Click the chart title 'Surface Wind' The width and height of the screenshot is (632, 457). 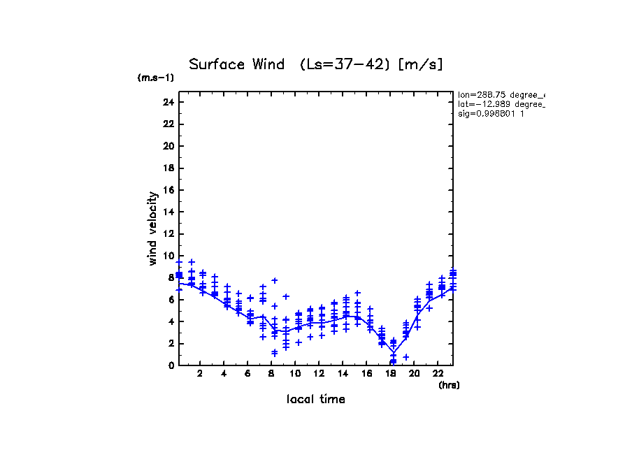point(236,65)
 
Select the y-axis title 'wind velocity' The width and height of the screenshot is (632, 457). point(152,228)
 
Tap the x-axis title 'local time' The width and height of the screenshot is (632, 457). point(315,400)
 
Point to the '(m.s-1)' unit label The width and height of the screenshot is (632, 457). point(155,78)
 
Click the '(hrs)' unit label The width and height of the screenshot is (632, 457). point(449,385)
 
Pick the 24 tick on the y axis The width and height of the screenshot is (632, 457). point(168,102)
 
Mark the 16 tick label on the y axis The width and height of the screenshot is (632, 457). point(168,190)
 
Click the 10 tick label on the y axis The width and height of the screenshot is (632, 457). point(168,256)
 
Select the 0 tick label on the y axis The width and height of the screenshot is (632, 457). point(170,365)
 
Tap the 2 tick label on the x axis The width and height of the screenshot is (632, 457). point(200,375)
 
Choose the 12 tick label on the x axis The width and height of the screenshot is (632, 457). point(319,375)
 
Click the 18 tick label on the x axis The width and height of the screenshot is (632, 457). point(390,375)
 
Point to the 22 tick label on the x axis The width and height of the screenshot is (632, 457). point(438,375)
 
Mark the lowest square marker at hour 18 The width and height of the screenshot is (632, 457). point(393,361)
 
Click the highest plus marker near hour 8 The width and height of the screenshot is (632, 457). point(275,280)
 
